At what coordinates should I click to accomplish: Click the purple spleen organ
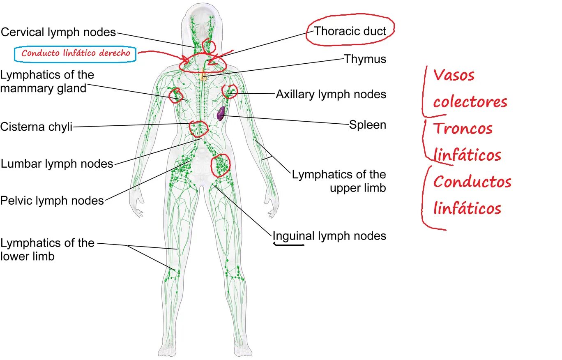221,113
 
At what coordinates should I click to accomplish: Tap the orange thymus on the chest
202,76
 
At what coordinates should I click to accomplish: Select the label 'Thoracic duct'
350,31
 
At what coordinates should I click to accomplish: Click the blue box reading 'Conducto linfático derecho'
75,53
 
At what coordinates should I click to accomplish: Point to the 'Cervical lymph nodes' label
58,32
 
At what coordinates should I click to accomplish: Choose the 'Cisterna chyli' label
36,127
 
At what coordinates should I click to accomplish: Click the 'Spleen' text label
368,125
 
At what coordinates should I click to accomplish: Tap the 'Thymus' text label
365,59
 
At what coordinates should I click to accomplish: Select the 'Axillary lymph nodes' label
331,95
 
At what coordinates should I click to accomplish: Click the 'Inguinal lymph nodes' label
329,236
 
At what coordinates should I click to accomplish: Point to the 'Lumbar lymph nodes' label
57,164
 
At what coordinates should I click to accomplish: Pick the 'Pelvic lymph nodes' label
52,201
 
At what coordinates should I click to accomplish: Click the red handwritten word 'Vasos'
454,75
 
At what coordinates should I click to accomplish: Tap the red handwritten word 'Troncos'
463,129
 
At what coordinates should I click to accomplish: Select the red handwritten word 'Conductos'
472,181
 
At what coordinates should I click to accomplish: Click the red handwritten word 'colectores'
470,102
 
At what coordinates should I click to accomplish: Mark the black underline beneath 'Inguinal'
289,245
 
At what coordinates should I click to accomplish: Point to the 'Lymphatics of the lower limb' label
47,249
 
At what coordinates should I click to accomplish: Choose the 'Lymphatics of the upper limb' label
339,181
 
